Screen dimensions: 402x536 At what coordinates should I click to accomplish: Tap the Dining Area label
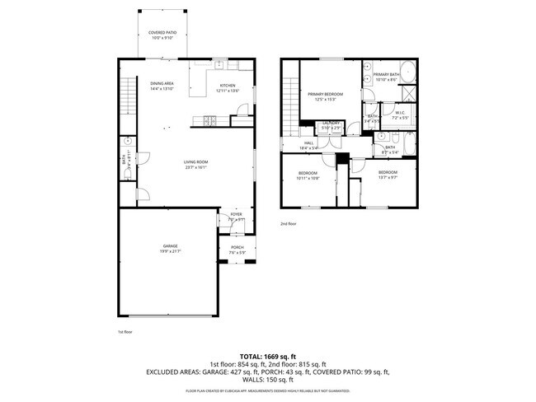(162, 84)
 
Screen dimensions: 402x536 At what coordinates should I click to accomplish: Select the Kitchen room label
(227, 86)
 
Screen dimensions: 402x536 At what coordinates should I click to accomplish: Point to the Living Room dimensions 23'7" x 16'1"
(195, 167)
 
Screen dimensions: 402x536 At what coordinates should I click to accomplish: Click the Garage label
(170, 246)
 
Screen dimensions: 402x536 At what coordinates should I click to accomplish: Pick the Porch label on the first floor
(237, 247)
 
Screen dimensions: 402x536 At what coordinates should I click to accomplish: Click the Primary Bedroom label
(325, 95)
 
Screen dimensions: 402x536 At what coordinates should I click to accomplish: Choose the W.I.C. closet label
(399, 113)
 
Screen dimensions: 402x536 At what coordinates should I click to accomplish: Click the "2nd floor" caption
(288, 223)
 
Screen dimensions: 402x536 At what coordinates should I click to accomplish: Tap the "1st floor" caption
(125, 331)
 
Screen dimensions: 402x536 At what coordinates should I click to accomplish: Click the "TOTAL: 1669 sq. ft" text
(268, 353)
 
